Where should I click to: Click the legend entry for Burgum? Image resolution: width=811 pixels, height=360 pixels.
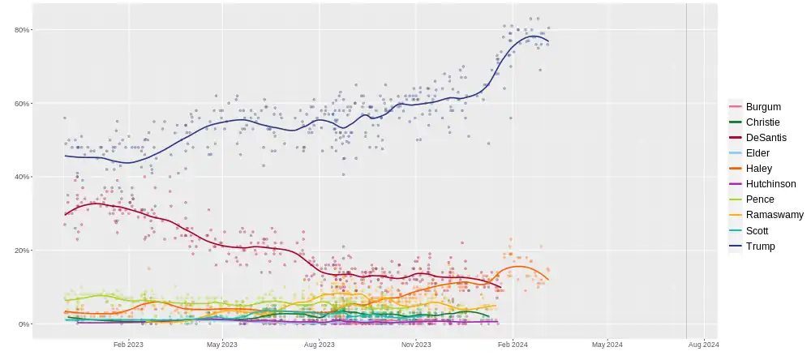[763, 106]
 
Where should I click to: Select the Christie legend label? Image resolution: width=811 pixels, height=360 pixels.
[762, 122]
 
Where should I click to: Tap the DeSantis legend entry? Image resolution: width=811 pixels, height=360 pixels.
[765, 137]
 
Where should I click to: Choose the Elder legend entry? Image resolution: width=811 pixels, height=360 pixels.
[757, 152]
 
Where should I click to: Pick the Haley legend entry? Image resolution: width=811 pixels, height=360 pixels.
[758, 168]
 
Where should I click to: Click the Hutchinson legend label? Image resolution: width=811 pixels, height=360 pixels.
[770, 184]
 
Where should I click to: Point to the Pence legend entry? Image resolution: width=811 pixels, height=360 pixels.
[759, 199]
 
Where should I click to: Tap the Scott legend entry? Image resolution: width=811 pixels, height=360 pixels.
[757, 230]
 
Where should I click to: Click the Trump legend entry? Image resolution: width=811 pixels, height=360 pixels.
[760, 246]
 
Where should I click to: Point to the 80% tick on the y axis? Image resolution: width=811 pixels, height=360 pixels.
[21, 30]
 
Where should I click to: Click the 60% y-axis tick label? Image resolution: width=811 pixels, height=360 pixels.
[21, 104]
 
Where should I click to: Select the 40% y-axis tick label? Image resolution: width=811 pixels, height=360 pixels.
[21, 177]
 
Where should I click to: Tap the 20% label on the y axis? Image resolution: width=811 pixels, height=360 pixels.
[21, 251]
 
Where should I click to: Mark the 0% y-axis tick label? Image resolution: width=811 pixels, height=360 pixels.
[24, 324]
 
